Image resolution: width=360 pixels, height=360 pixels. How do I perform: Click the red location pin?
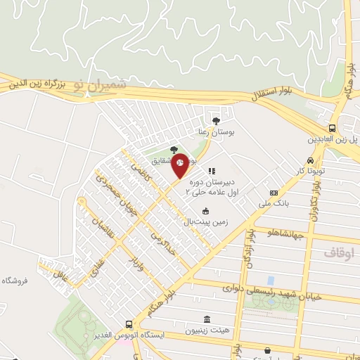tap(180, 165)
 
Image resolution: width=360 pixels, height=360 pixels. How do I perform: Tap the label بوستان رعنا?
tap(215, 132)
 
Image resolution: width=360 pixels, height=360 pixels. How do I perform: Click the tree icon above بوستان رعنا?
tap(216, 121)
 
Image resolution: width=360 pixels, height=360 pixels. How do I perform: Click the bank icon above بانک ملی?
tap(274, 193)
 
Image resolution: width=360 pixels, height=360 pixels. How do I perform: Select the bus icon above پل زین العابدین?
tap(333, 127)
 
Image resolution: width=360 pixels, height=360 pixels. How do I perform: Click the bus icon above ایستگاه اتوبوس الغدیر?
tap(128, 325)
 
